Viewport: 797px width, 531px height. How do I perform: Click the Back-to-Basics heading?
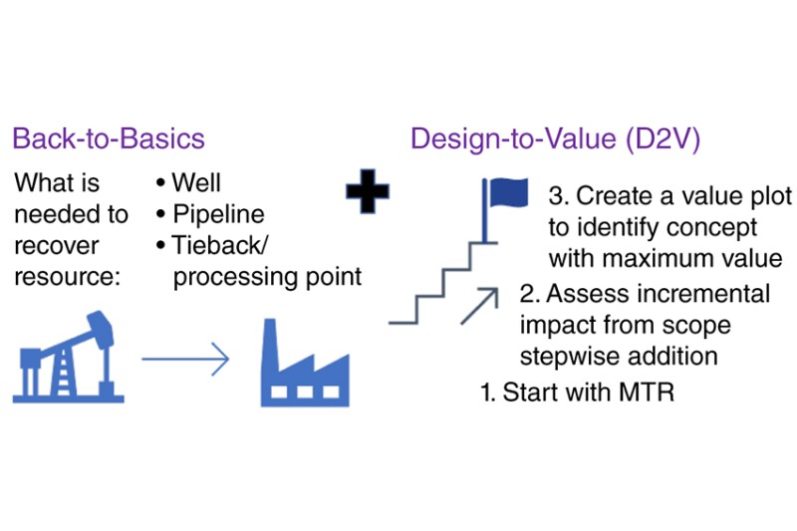(109, 138)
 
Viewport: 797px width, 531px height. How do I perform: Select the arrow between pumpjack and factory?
(185, 359)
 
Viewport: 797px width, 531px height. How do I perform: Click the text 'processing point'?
(267, 277)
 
